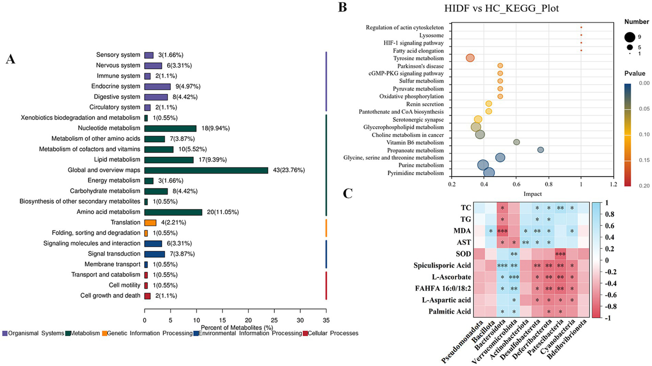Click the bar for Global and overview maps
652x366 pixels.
206,170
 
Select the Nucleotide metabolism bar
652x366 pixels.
170,128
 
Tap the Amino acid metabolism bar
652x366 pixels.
173,212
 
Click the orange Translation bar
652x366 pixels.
150,222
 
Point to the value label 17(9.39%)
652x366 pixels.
211,160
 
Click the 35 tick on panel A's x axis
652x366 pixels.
326,320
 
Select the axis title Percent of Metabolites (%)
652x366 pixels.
237,327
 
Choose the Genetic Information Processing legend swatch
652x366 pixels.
104,334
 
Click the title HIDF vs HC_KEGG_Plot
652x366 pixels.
501,8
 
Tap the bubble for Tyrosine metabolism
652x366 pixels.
470,58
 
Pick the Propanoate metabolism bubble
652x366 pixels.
540,150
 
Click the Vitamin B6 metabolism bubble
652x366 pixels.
517,142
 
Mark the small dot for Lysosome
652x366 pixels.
581,35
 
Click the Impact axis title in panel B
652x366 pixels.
532,194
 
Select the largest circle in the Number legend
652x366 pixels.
629,37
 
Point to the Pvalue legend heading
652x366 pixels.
635,73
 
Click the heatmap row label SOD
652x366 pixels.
463,254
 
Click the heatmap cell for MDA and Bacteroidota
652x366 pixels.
502,231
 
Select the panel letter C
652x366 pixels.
347,194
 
